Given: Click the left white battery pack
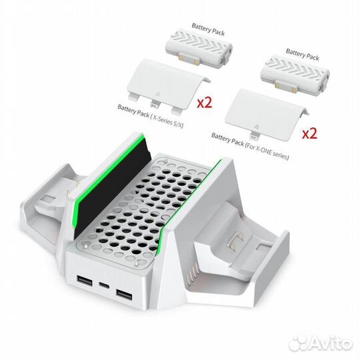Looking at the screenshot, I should pos(189,51).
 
